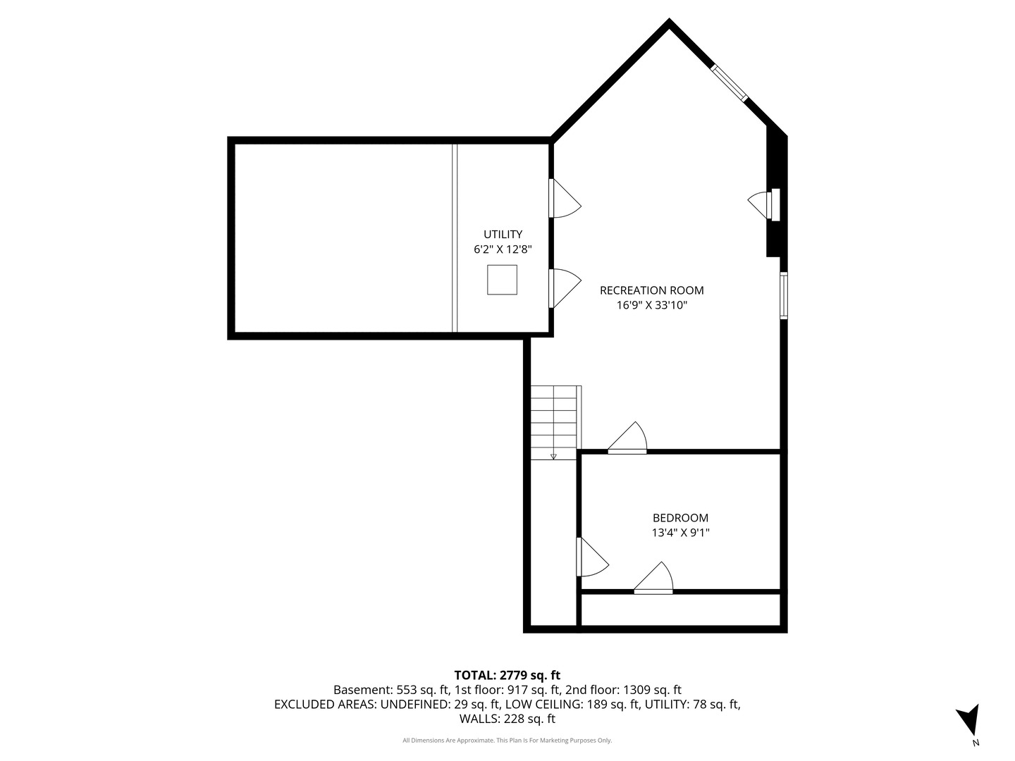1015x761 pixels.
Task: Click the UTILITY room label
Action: [503, 234]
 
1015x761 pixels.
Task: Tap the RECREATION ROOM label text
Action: [651, 290]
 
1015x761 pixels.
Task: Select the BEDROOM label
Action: [680, 518]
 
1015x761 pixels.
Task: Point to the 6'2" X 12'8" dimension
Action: [503, 249]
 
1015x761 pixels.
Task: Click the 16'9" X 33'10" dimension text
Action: [651, 305]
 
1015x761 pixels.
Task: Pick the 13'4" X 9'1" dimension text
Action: [680, 533]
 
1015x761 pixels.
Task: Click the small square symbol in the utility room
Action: [502, 280]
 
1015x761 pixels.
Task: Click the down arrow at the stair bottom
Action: [553, 457]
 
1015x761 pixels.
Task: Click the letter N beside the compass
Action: [976, 743]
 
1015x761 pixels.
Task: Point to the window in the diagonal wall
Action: [730, 83]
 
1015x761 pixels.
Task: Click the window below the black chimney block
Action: [784, 296]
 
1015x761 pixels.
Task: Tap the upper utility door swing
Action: [565, 198]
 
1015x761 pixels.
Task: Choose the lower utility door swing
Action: [565, 288]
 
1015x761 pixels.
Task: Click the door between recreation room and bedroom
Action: [627, 438]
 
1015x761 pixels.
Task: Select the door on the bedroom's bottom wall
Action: [653, 578]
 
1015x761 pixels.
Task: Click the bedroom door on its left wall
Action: [592, 557]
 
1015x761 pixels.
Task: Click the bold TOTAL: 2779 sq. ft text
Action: [508, 675]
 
